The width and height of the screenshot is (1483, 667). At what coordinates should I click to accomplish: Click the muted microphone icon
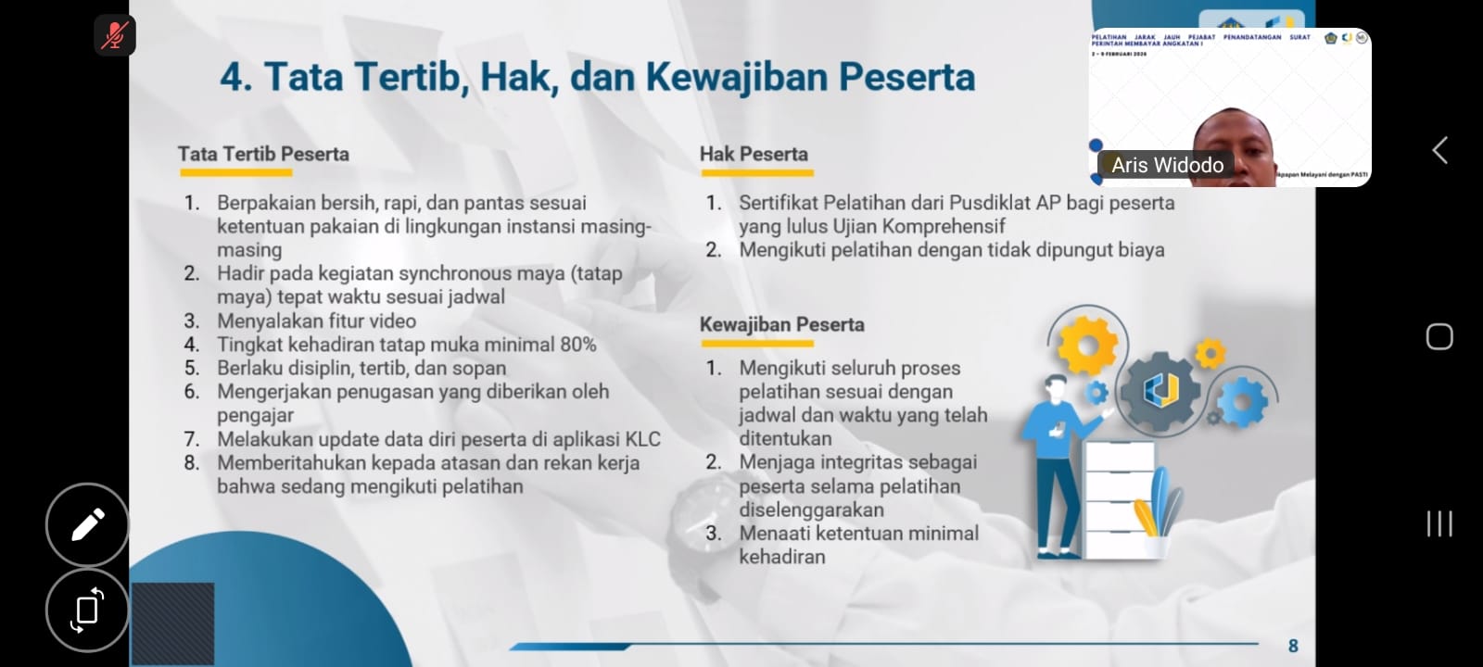pyautogui.click(x=115, y=35)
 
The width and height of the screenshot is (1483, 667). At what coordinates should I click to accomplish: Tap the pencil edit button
pyautogui.click(x=87, y=524)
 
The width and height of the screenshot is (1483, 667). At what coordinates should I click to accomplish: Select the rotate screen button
pyautogui.click(x=87, y=610)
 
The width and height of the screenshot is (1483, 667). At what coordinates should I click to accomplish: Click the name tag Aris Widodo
pyautogui.click(x=1167, y=165)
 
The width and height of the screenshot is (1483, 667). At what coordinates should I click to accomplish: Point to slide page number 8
pyautogui.click(x=1293, y=646)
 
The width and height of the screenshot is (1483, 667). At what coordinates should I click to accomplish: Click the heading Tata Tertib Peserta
pyautogui.click(x=263, y=154)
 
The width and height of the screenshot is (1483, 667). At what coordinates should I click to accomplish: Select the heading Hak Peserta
pyautogui.click(x=754, y=154)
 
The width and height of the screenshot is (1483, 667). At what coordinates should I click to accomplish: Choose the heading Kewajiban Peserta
pyautogui.click(x=781, y=324)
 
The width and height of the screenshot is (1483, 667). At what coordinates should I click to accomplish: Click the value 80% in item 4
pyautogui.click(x=577, y=345)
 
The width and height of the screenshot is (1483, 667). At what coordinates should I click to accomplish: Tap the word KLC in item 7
pyautogui.click(x=642, y=439)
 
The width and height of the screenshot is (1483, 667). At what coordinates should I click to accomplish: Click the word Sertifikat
pyautogui.click(x=788, y=203)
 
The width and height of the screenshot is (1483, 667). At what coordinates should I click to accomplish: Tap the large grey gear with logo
pyautogui.click(x=1160, y=391)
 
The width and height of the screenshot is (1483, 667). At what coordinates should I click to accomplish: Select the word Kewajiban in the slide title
pyautogui.click(x=738, y=77)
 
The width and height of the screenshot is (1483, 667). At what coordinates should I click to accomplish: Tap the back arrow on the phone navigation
pyautogui.click(x=1439, y=150)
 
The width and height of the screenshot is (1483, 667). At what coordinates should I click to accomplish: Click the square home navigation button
pyautogui.click(x=1439, y=336)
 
